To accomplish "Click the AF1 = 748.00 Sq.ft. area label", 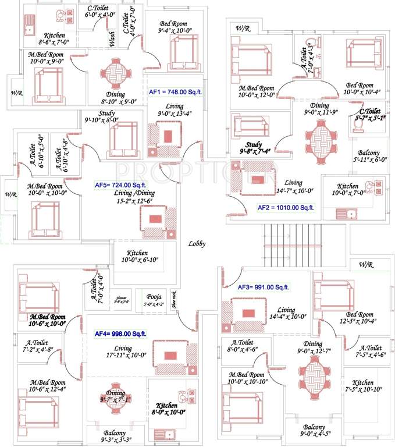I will [x=174, y=92].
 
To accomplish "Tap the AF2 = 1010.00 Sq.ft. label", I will [x=286, y=207].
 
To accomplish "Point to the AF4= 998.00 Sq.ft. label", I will [x=120, y=334].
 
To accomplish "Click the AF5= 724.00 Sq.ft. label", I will [x=119, y=185].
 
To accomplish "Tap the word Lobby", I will [x=197, y=244].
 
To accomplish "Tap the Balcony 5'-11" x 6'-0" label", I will [x=371, y=155].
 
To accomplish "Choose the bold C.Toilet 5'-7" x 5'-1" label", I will [x=369, y=115].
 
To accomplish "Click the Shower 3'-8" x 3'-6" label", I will [x=124, y=299].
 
